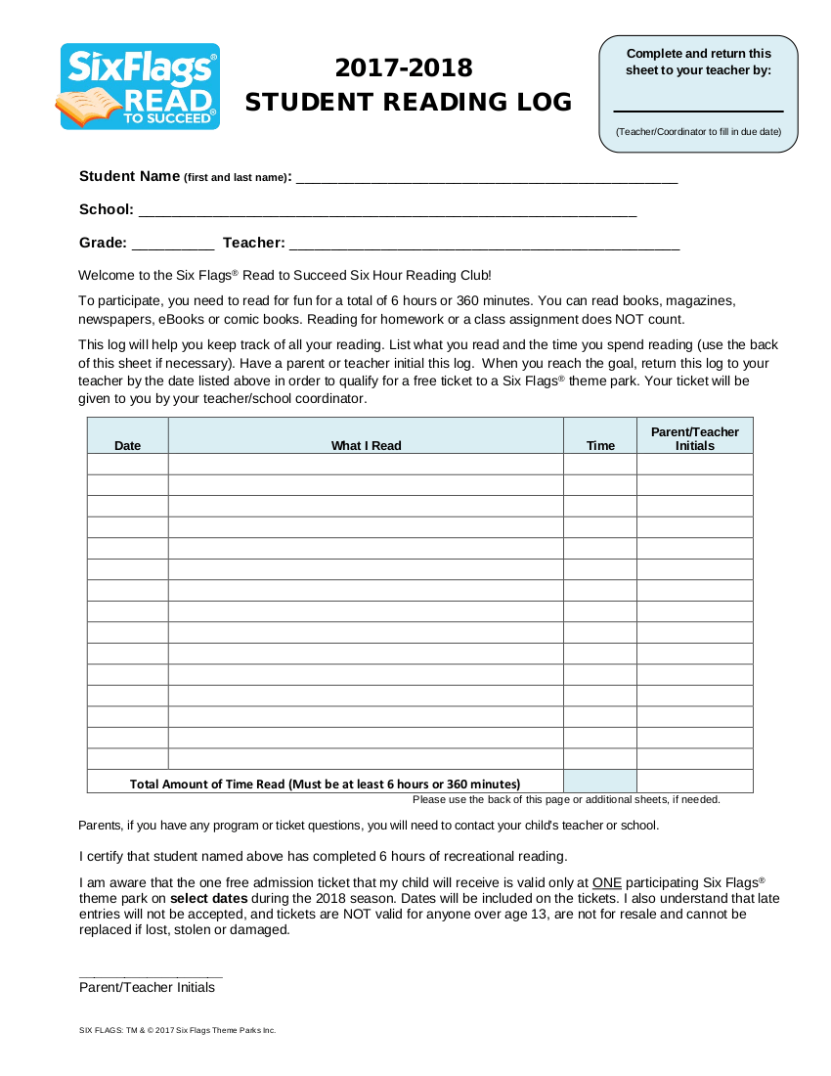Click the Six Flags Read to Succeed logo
click(140, 86)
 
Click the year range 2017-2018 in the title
click(404, 67)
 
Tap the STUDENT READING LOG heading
click(408, 102)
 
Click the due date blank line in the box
click(698, 110)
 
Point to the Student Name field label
click(185, 176)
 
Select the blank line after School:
click(388, 212)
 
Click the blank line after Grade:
click(172, 246)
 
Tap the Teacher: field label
click(254, 243)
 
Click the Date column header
click(127, 445)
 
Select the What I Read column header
click(366, 445)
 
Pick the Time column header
click(600, 445)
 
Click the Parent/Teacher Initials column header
click(695, 438)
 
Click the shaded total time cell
click(600, 782)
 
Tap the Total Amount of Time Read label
click(325, 784)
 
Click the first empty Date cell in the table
click(127, 464)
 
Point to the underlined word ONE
click(607, 881)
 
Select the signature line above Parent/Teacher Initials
click(151, 975)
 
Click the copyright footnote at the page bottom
click(177, 1030)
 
